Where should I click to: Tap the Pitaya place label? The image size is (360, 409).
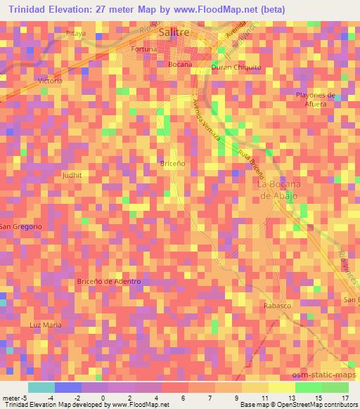coord(75,33)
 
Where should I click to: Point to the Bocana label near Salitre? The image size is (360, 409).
coord(180,64)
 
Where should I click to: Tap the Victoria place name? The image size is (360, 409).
coord(51,81)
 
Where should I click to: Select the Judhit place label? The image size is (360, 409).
coord(72,175)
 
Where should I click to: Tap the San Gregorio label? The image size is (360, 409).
coord(21,226)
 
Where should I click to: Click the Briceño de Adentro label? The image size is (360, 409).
coord(108,281)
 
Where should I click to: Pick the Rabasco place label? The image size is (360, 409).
coord(277,306)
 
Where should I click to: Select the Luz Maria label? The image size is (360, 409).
coord(46,325)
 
